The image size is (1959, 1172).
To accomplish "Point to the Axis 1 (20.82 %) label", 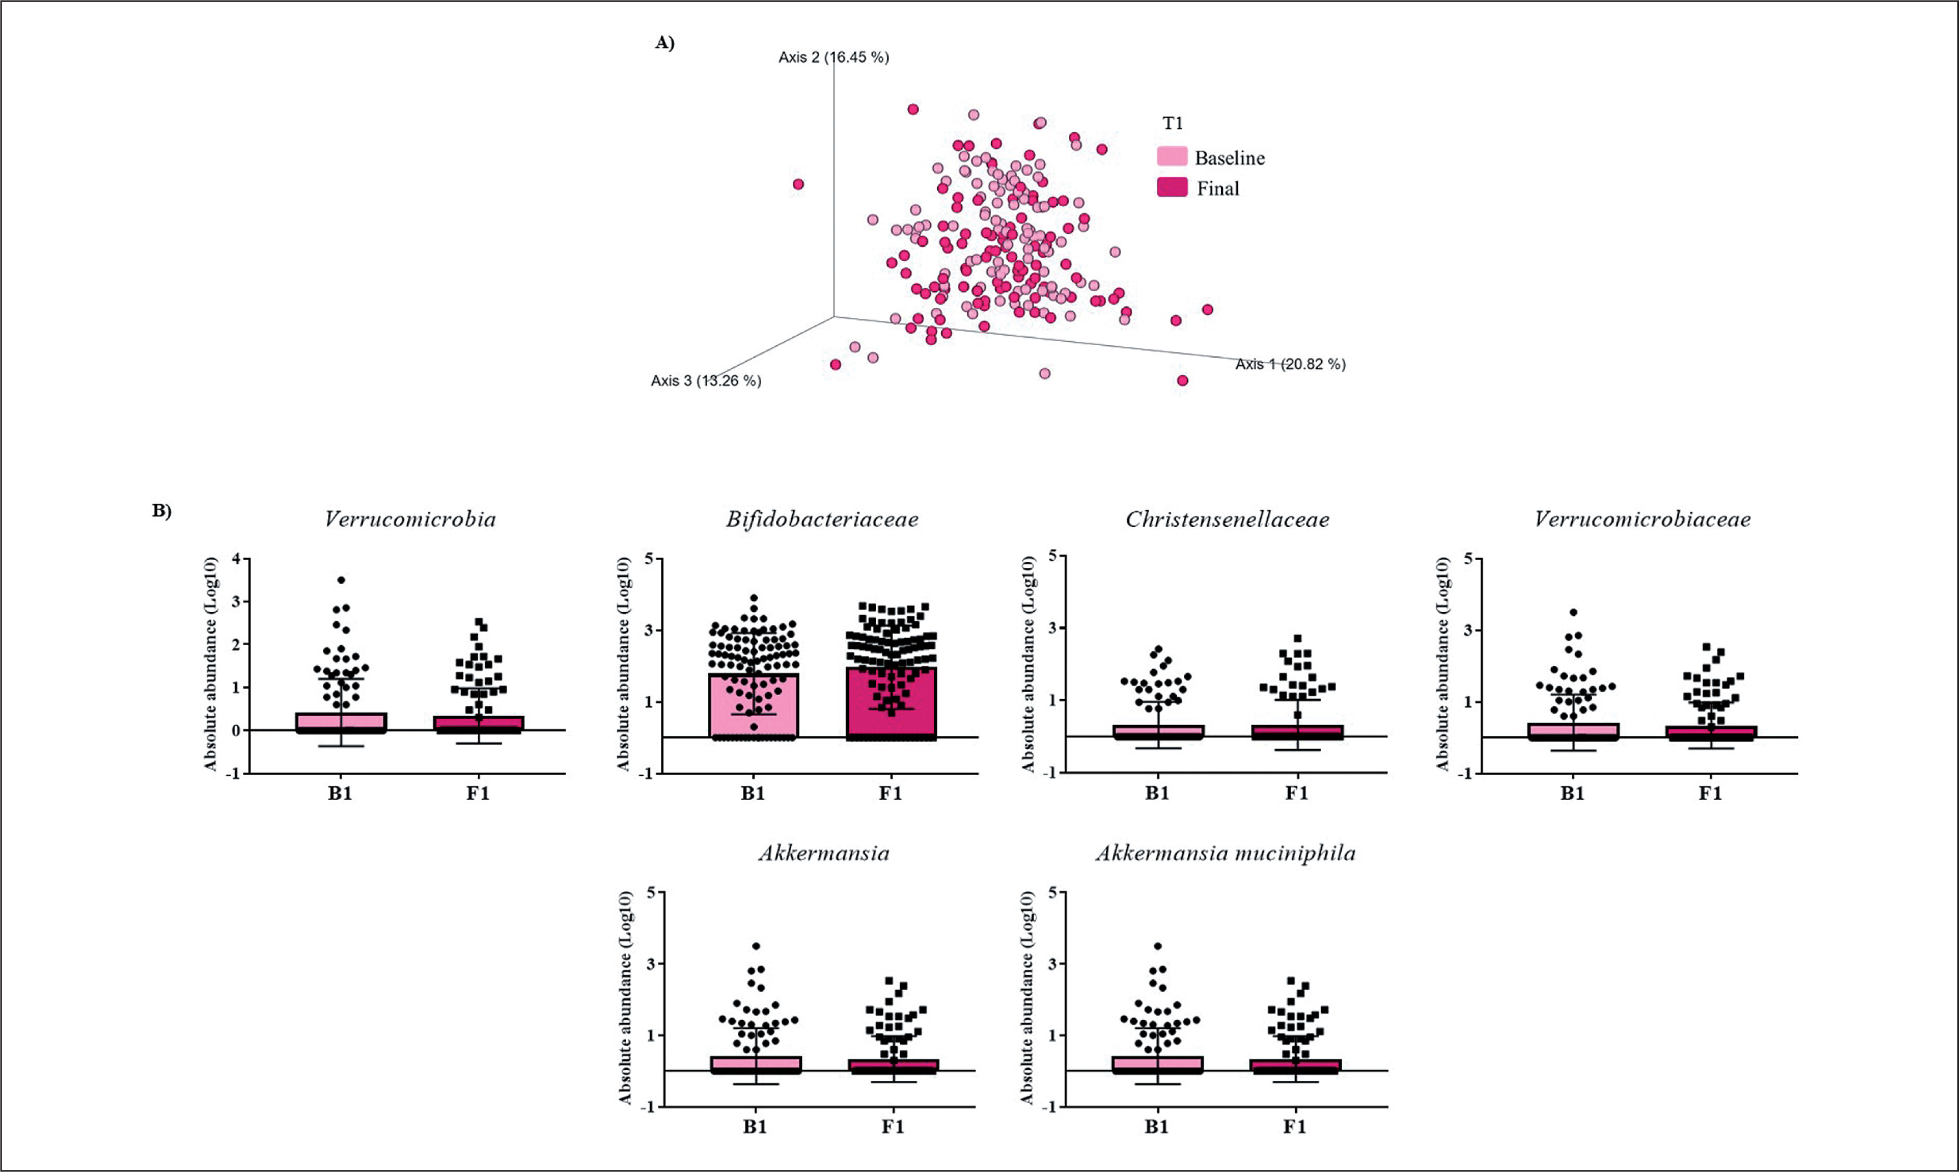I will click(1290, 364).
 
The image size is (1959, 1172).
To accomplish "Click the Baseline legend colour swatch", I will click(1172, 156).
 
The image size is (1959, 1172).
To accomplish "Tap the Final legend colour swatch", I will click(1172, 187).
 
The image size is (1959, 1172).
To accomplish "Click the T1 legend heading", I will click(1172, 123).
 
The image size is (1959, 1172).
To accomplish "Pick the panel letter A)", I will click(665, 43).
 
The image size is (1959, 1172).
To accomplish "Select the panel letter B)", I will click(162, 511).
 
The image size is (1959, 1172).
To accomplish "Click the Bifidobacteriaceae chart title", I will click(822, 520).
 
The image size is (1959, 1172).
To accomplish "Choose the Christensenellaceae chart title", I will click(1227, 520).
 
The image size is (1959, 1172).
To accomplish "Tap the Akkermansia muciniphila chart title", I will click(1226, 854).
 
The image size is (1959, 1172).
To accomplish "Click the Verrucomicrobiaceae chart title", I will click(1642, 520).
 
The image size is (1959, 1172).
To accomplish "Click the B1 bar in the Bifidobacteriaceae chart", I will click(753, 705).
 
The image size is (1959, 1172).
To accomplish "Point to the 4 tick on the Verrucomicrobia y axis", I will click(236, 559).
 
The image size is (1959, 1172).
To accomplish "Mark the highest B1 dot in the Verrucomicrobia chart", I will click(341, 580).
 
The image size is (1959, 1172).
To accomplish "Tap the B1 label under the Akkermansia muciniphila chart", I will click(1157, 1127).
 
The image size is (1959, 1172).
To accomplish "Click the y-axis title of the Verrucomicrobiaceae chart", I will click(1443, 664).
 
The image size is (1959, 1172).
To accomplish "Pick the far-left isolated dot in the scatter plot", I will click(798, 184).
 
